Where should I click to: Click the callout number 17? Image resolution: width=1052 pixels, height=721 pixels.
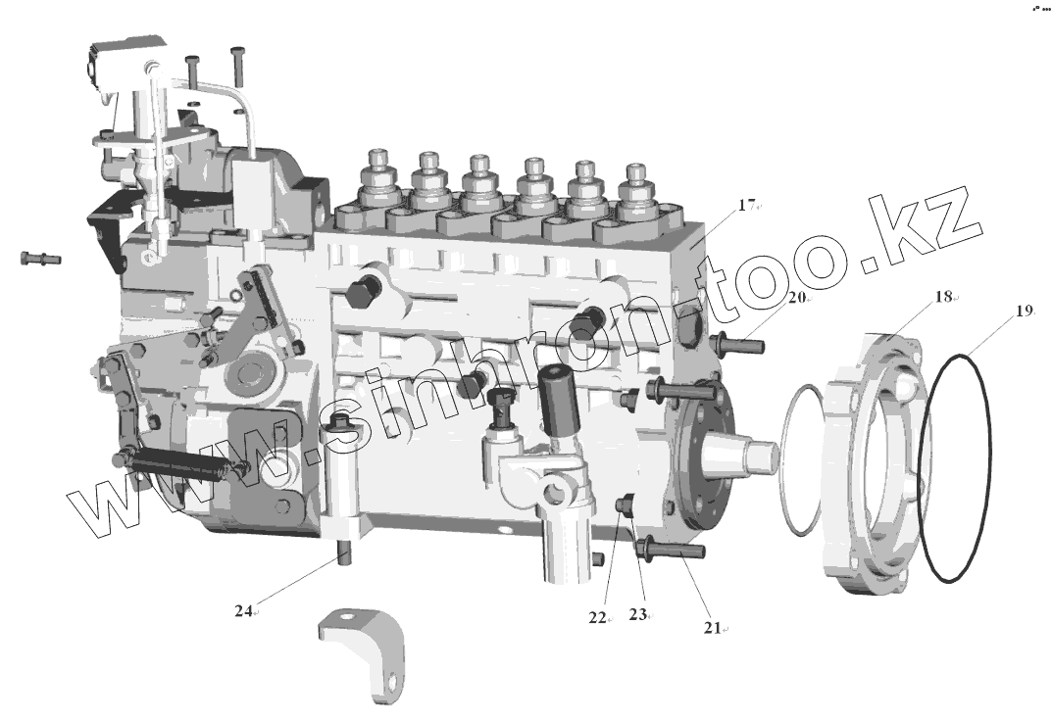(746, 205)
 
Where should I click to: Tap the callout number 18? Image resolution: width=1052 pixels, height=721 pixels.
(943, 296)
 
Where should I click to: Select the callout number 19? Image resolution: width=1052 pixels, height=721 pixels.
(1024, 311)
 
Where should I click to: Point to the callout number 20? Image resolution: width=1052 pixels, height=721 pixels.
(796, 297)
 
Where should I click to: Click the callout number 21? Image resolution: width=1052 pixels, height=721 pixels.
(712, 628)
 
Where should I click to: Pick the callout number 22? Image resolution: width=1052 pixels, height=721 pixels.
(597, 618)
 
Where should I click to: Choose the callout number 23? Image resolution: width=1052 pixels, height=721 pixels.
(637, 614)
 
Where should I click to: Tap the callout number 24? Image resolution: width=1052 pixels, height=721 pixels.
(243, 610)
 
